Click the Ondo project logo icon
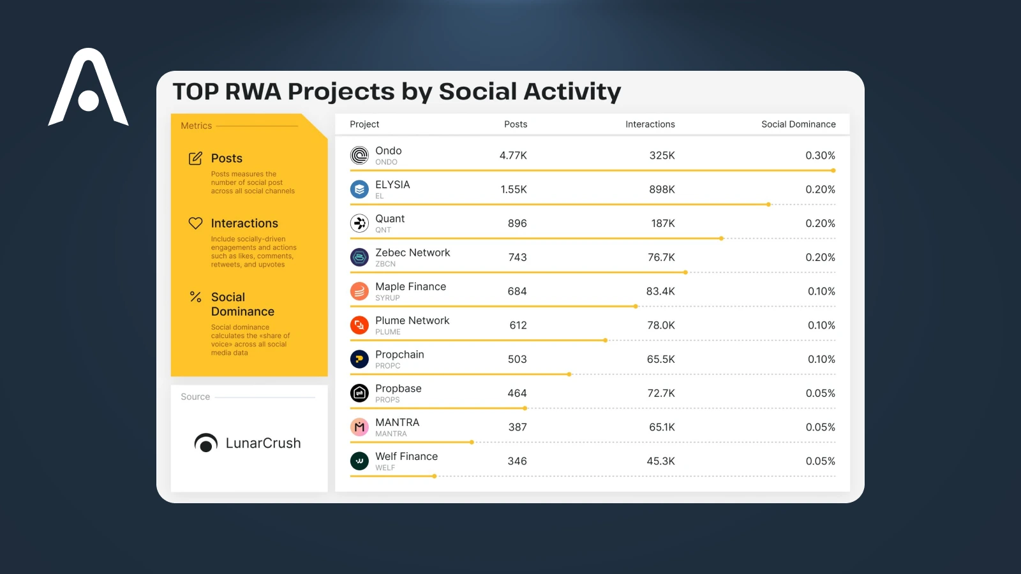pos(359,156)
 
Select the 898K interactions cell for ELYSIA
pos(662,189)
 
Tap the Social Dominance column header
pos(798,124)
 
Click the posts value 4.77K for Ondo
pos(513,156)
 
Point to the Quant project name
pos(390,219)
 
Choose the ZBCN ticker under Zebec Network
pos(385,264)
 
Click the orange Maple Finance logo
pos(359,291)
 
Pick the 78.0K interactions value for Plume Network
pos(661,325)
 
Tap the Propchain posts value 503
pos(517,359)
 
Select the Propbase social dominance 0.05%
pos(820,394)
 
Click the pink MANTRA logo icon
pos(359,427)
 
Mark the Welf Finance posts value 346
pos(517,461)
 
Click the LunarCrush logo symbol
pos(205,443)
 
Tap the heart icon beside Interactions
pos(195,223)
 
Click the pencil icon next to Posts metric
pos(195,158)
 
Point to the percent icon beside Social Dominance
pos(195,297)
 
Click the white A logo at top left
pos(88,89)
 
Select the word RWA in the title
pos(253,92)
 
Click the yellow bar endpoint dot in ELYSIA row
pos(768,205)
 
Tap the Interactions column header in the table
pos(650,124)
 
